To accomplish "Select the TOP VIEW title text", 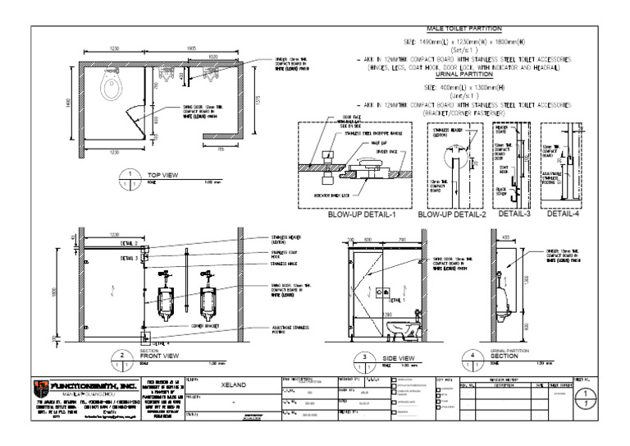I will [x=164, y=175].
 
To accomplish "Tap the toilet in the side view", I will [x=403, y=330].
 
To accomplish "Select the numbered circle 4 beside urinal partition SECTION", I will [x=473, y=358].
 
